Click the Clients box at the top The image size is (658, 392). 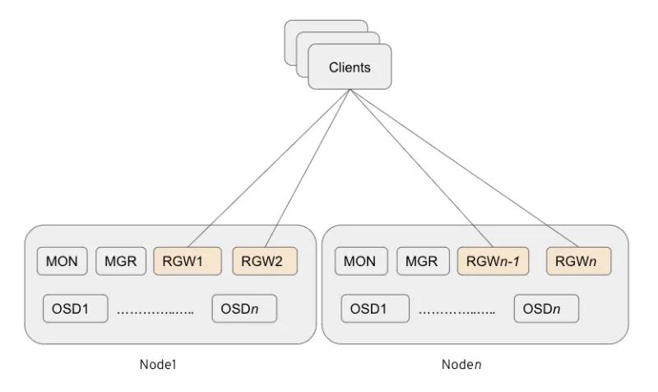pos(349,67)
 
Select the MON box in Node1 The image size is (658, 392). pos(63,261)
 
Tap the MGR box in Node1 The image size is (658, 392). pos(121,261)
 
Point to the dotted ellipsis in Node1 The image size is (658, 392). pos(155,312)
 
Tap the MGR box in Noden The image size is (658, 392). pos(423,261)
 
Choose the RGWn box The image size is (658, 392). pos(578,261)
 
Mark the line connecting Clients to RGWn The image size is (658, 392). pos(465,167)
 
